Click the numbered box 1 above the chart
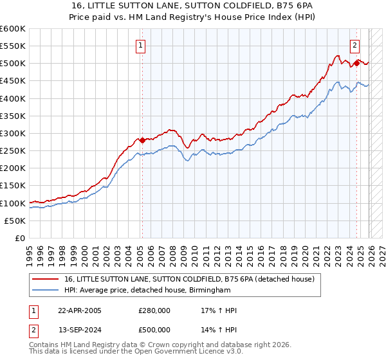coord(140,45)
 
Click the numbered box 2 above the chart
coord(354,45)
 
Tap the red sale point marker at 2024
coord(356,64)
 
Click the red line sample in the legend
coord(47,279)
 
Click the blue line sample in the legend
coord(47,291)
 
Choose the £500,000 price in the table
coord(154,330)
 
